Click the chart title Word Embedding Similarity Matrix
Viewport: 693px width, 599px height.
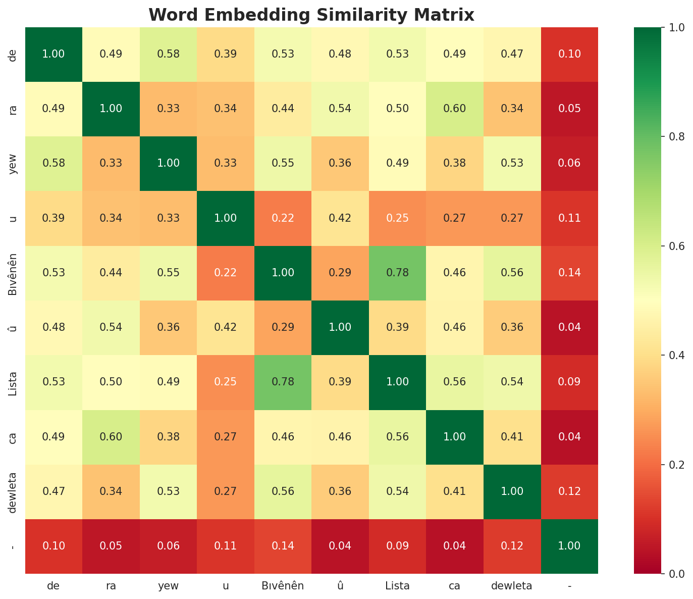point(311,15)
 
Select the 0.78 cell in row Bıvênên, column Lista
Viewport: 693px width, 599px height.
point(397,273)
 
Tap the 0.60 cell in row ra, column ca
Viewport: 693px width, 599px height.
point(454,109)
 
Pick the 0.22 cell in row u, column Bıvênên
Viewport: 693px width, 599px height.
point(283,218)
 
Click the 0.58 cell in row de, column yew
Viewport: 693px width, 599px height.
point(168,54)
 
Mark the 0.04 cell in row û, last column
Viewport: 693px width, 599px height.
point(569,327)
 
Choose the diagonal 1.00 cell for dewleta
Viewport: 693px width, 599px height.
point(512,491)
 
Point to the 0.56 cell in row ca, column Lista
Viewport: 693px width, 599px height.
point(397,437)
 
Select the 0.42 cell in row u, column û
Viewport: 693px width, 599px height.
point(340,218)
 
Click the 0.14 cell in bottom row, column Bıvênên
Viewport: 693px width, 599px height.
point(283,546)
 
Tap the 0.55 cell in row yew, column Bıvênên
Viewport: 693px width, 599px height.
point(283,163)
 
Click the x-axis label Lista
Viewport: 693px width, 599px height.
point(397,586)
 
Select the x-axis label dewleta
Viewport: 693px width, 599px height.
point(512,586)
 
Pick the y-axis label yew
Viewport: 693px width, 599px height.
point(13,163)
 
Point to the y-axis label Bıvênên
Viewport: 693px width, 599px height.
point(13,273)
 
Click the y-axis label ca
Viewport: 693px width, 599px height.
point(13,437)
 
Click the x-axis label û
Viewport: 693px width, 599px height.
point(340,586)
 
